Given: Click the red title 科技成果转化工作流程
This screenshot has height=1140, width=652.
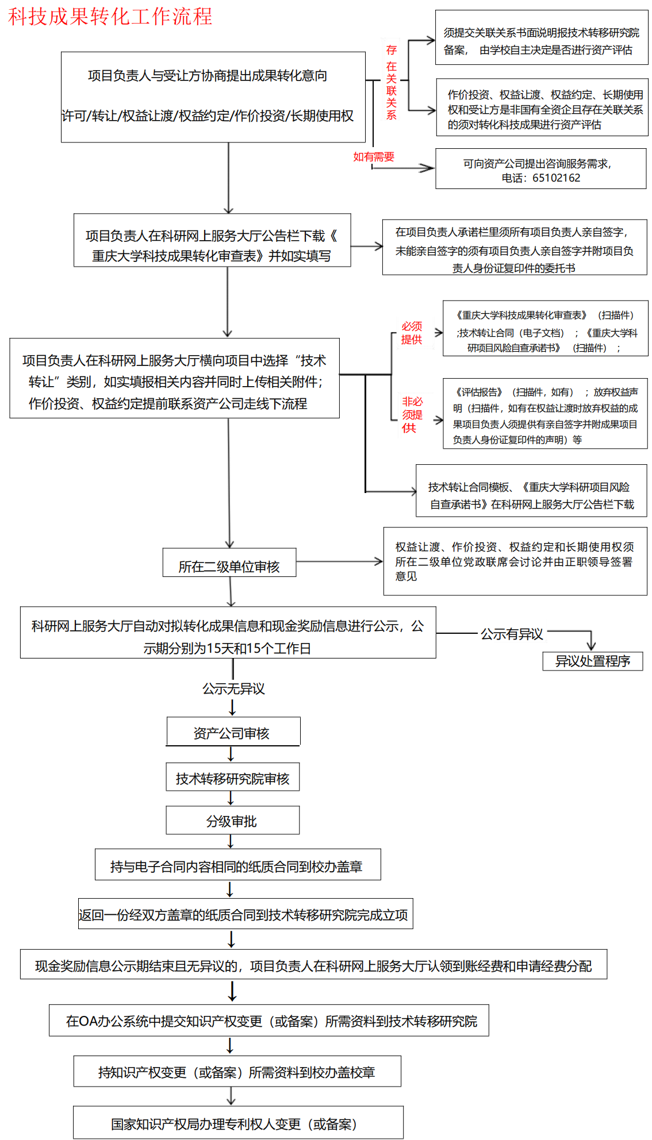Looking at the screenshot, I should (x=110, y=16).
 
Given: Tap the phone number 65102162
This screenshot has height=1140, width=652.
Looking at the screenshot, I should (x=556, y=178).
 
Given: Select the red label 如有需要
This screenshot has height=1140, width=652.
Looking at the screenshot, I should (x=374, y=157).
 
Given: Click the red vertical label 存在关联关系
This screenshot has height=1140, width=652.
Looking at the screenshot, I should (x=392, y=82).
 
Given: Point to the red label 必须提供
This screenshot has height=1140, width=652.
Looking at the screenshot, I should (x=412, y=333).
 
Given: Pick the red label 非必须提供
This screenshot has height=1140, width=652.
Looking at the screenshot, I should (x=412, y=414).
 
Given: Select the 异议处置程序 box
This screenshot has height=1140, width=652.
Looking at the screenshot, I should (x=592, y=661).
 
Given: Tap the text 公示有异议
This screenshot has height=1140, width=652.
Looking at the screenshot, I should (x=512, y=634).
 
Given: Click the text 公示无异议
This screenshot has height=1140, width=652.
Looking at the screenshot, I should (x=233, y=688).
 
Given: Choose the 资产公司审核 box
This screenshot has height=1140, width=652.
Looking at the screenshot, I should (x=232, y=732).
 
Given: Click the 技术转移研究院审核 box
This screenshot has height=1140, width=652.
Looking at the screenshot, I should (x=232, y=777).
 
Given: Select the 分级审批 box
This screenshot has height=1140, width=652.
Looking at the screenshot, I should (x=232, y=821).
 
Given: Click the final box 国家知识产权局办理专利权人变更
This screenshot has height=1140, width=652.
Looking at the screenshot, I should (x=237, y=1123).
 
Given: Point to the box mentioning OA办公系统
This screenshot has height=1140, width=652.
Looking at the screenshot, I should (x=269, y=1020).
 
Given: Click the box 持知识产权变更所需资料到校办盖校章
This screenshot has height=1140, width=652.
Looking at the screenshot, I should (x=237, y=1072).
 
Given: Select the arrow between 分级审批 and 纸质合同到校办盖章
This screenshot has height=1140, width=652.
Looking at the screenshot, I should (x=231, y=841).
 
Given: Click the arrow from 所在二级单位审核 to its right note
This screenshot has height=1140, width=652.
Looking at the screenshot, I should (x=339, y=561).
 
